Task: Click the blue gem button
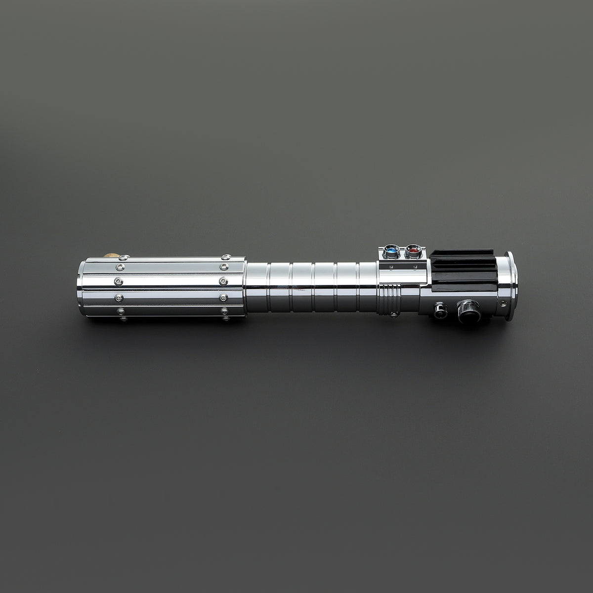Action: coord(392,252)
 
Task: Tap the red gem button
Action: coord(412,252)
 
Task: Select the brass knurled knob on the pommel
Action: coord(112,255)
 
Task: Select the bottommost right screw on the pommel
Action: coord(224,312)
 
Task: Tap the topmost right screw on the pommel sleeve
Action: coord(226,257)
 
